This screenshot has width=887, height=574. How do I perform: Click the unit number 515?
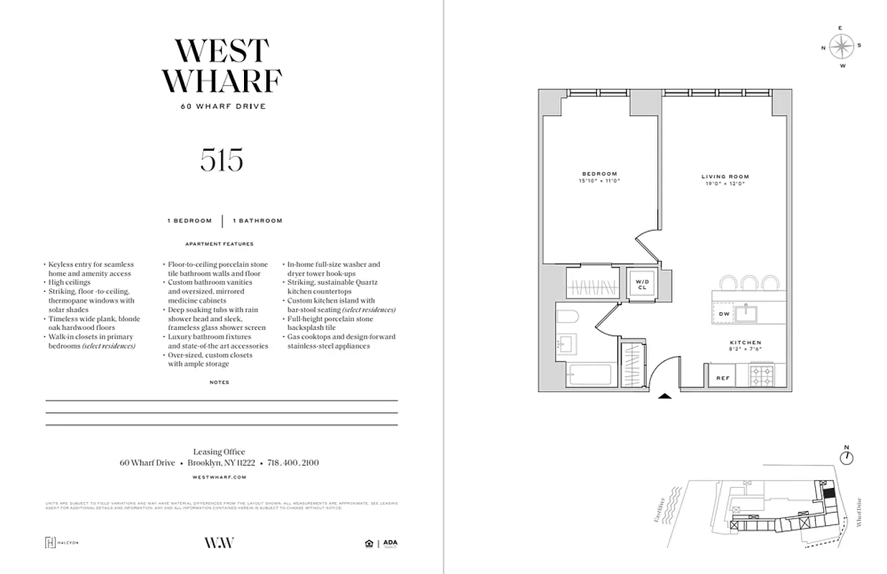(x=222, y=159)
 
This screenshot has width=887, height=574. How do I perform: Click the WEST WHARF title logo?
(x=222, y=66)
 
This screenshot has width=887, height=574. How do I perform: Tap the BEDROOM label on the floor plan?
(x=599, y=174)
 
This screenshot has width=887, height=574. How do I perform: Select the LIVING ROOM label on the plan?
(x=725, y=177)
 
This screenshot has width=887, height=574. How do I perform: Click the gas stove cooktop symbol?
(x=762, y=375)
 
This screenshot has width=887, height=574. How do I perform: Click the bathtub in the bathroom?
(x=588, y=375)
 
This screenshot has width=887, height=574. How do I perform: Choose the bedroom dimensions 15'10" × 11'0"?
(x=599, y=181)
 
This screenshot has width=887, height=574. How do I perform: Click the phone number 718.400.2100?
(x=293, y=463)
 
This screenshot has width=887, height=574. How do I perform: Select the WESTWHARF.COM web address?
(x=220, y=476)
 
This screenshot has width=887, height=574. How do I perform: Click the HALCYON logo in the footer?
(x=61, y=542)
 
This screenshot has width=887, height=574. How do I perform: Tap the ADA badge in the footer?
(x=390, y=543)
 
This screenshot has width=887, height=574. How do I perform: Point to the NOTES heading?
(x=220, y=382)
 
